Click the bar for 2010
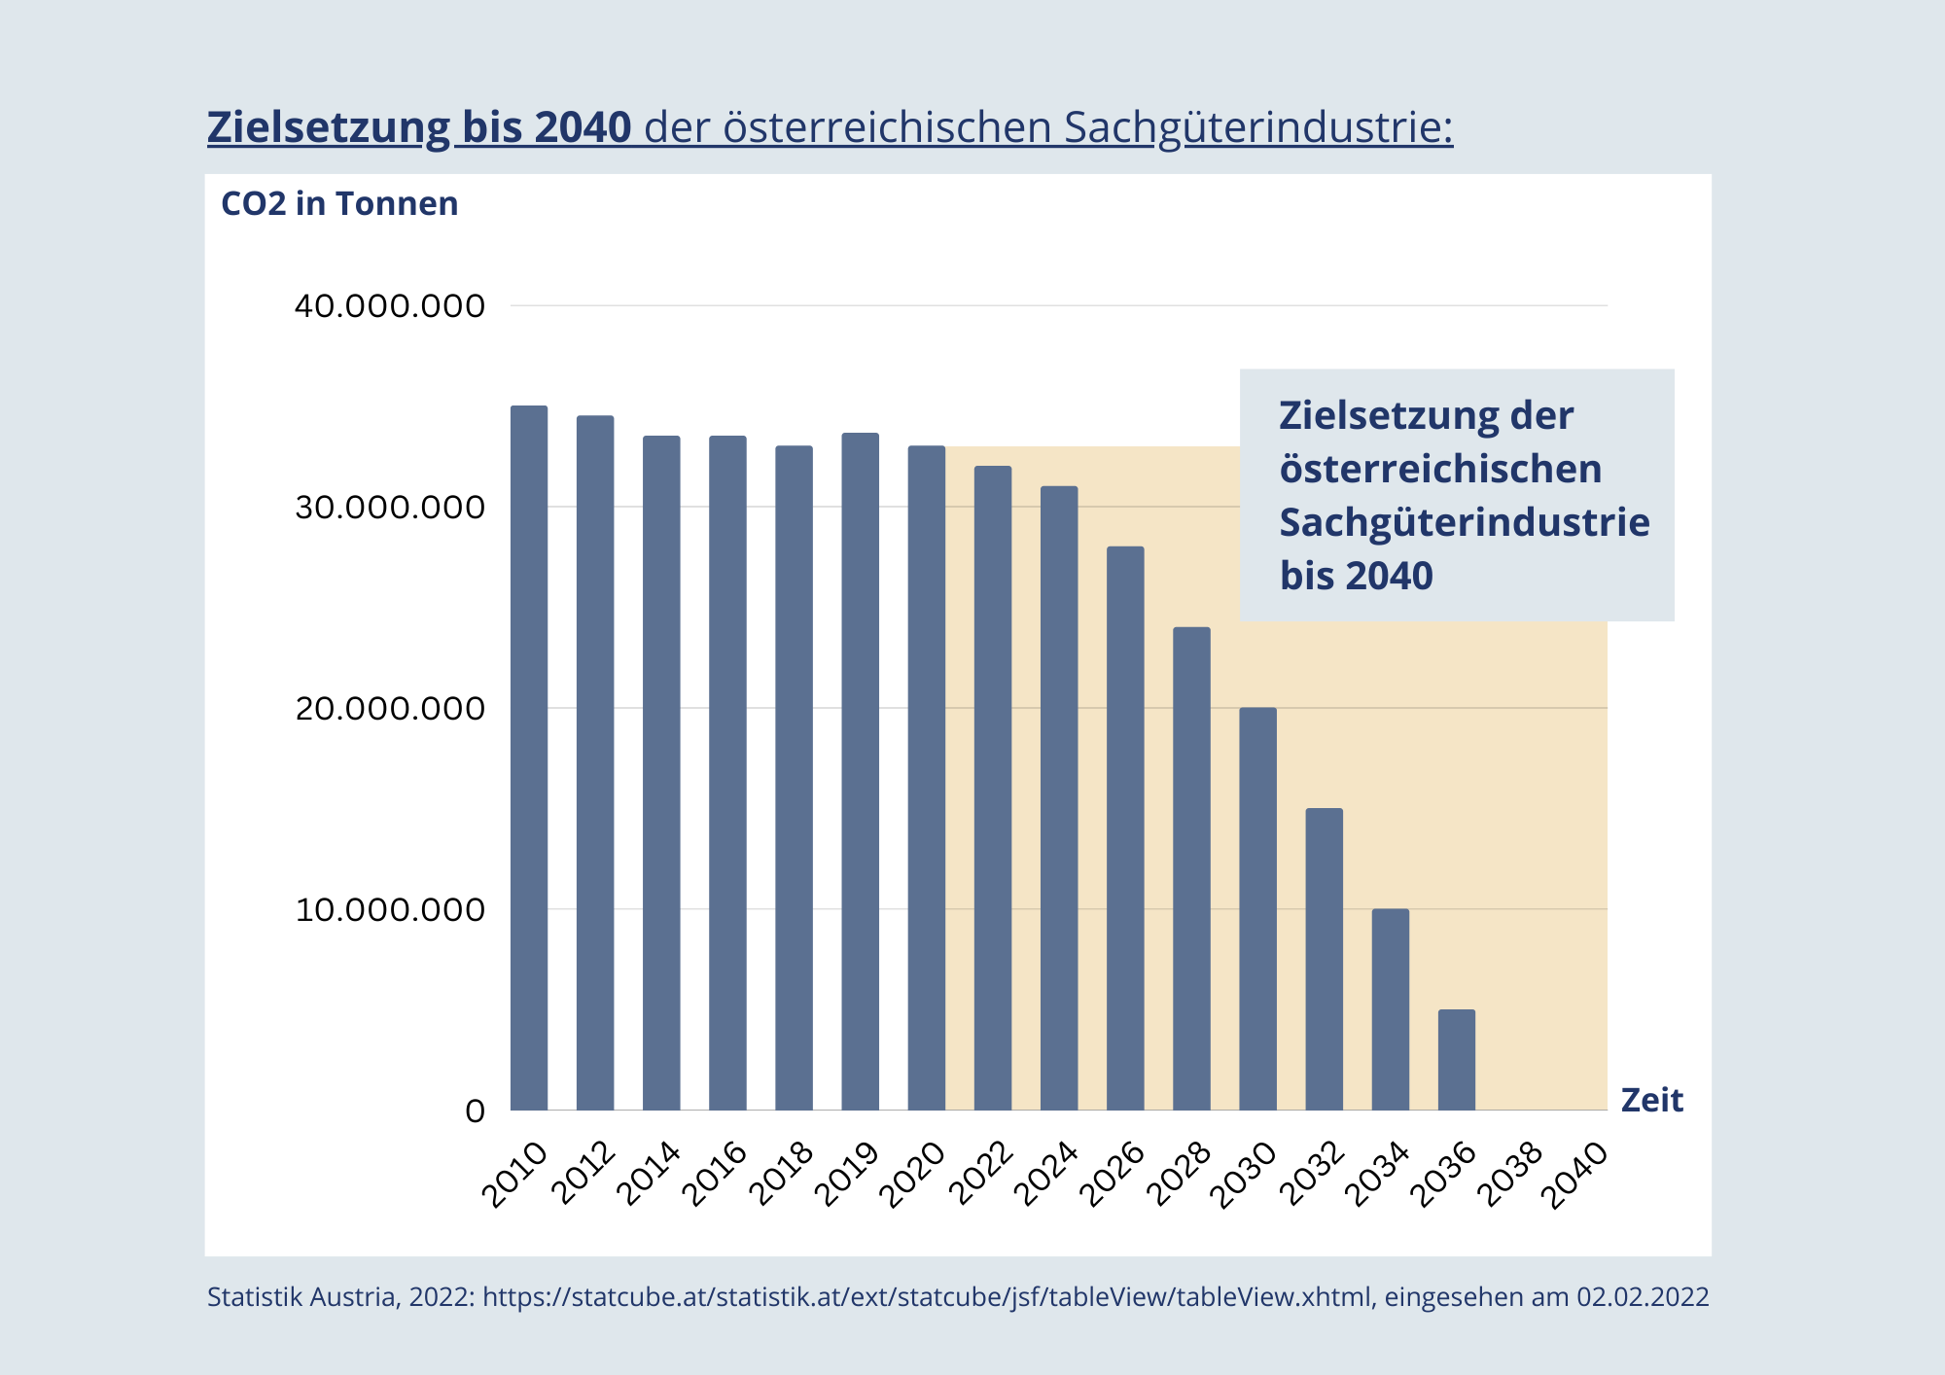tap(529, 758)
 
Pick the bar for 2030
tap(1257, 908)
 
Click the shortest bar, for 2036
tap(1457, 1060)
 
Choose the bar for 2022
tap(993, 788)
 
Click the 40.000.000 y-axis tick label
tap(389, 306)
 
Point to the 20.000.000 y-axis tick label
tap(389, 709)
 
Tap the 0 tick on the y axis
tap(475, 1111)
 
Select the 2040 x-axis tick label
tap(1577, 1175)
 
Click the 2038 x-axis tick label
tap(1511, 1175)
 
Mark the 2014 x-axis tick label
tap(650, 1175)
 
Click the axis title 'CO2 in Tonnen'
tap(339, 204)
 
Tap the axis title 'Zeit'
tap(1651, 1101)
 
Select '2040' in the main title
tap(583, 128)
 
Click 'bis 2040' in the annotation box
tap(1356, 576)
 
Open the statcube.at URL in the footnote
tap(927, 1297)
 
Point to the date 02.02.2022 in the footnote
tap(1643, 1297)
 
